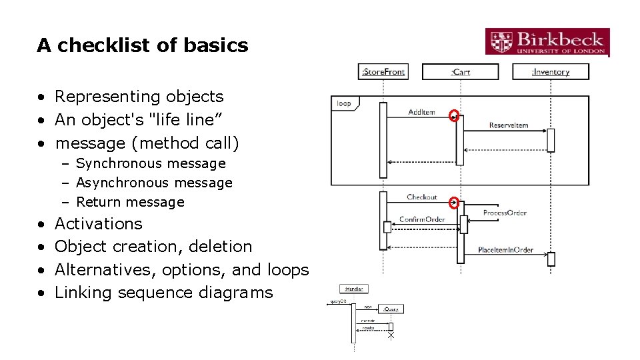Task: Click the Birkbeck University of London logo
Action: (x=547, y=42)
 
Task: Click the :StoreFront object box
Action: (x=383, y=71)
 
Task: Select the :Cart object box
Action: (x=460, y=71)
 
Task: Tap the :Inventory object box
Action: (x=551, y=71)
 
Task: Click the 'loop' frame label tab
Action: (x=345, y=103)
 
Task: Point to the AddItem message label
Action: (x=421, y=112)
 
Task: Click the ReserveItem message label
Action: (x=508, y=125)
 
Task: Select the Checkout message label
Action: (x=421, y=197)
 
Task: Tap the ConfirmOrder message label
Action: (x=421, y=219)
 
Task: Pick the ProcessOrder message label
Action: (x=505, y=213)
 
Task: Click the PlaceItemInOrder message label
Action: (x=505, y=250)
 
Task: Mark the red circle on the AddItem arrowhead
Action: (x=455, y=116)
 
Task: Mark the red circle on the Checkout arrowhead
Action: (x=455, y=203)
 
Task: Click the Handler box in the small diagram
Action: (x=353, y=289)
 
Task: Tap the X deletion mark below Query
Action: (x=391, y=335)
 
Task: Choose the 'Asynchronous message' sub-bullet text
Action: (x=154, y=183)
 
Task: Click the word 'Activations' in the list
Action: (x=99, y=223)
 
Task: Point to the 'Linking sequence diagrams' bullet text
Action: (x=164, y=293)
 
